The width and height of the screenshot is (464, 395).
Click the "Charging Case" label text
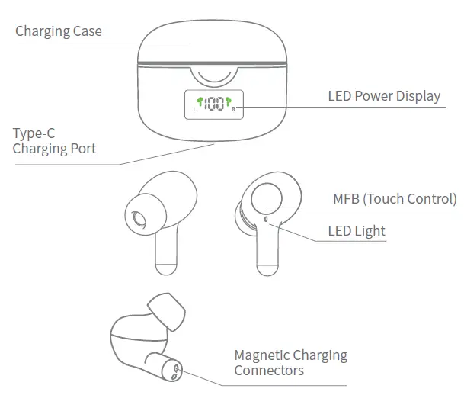[x=58, y=31]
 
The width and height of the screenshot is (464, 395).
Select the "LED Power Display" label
[x=384, y=96]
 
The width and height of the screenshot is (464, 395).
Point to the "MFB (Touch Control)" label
[x=395, y=200]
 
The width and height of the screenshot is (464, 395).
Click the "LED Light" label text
[x=356, y=231]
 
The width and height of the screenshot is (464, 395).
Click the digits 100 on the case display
[x=214, y=104]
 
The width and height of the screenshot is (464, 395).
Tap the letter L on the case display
[x=194, y=110]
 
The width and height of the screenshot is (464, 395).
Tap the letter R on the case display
[x=234, y=110]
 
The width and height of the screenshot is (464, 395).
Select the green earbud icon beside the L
[x=200, y=101]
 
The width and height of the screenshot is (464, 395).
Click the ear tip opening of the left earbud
[x=139, y=220]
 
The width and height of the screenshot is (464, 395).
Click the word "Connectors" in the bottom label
[x=268, y=371]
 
